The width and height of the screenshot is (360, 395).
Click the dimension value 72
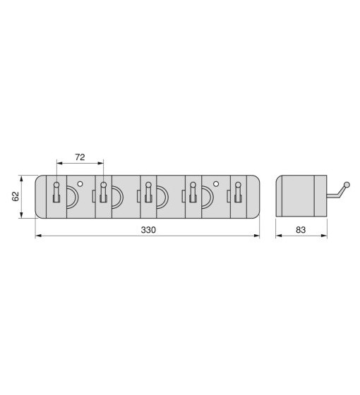point(80,157)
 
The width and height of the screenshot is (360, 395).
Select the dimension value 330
point(148,230)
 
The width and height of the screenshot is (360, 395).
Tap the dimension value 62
point(16,196)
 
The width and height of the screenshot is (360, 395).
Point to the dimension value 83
point(301,230)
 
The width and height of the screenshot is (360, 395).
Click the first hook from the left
point(56,192)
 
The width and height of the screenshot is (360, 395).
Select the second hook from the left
point(103,192)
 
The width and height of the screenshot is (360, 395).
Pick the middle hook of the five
point(148,192)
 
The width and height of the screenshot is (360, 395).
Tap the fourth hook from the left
point(193,192)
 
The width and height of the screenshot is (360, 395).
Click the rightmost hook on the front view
point(238,192)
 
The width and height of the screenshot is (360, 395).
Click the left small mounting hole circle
point(80,184)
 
